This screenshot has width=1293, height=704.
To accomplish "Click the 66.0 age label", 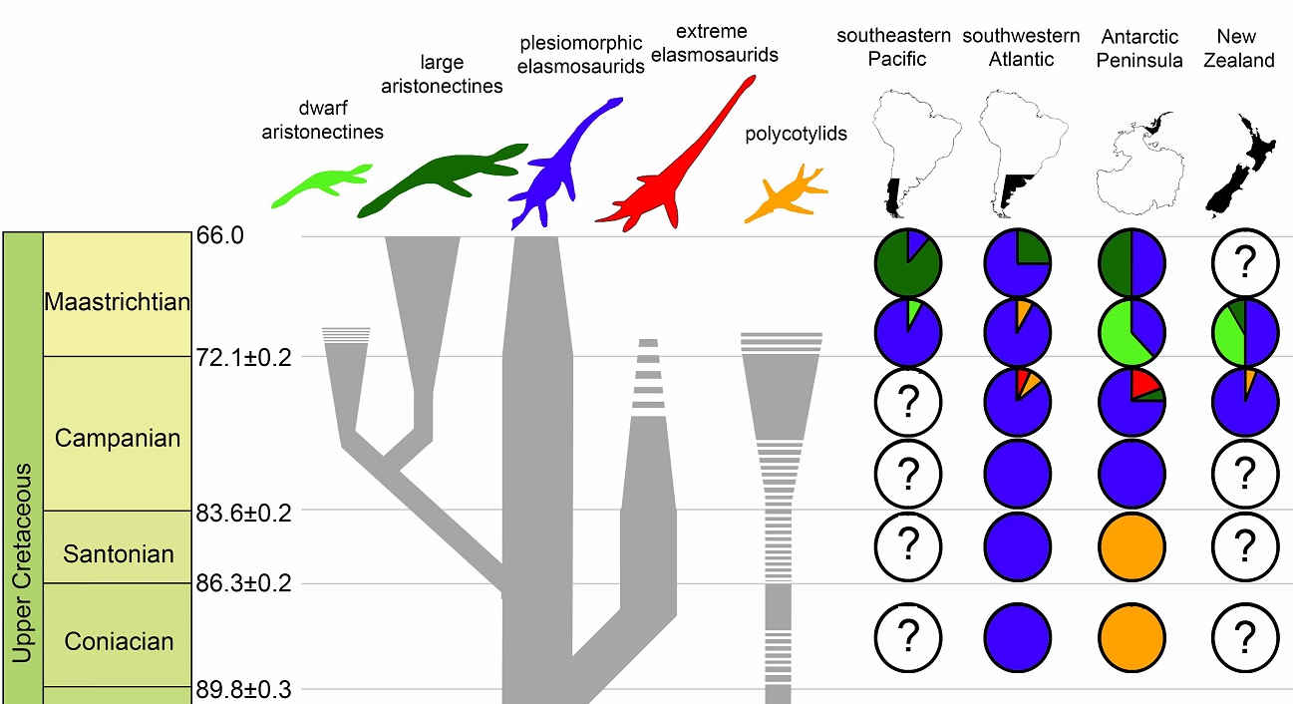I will pyautogui.click(x=219, y=235).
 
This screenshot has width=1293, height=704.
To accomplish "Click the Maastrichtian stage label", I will pyautogui.click(x=117, y=300).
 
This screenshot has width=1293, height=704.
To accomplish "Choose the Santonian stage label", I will pyautogui.click(x=118, y=553).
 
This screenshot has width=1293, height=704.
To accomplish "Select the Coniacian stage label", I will pyautogui.click(x=118, y=641).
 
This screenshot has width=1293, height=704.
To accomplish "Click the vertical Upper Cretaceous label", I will pyautogui.click(x=22, y=563).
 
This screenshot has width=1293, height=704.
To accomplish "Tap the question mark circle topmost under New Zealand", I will pyautogui.click(x=1243, y=263).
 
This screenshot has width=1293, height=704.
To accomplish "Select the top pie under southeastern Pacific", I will pyautogui.click(x=908, y=263).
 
